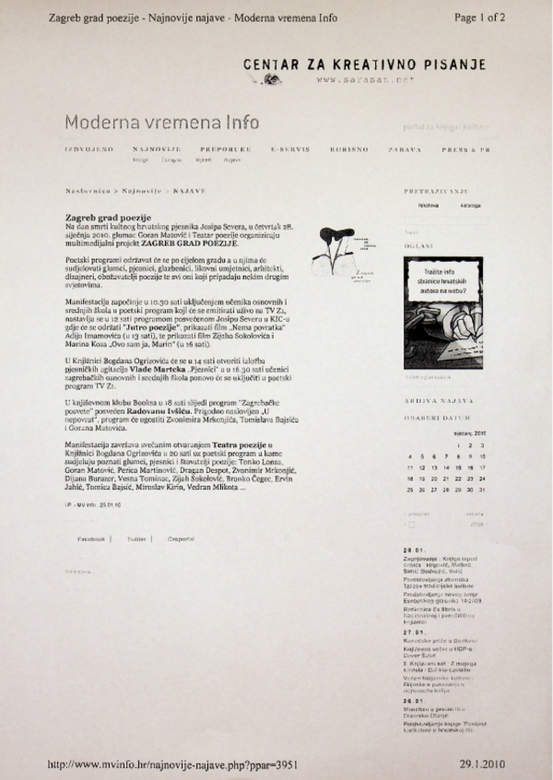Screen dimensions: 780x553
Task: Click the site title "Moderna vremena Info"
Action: coord(161,122)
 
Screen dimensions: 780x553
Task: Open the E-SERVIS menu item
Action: coord(289,148)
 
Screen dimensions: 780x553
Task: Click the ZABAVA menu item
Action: coord(405,148)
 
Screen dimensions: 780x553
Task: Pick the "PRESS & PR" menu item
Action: coord(466,148)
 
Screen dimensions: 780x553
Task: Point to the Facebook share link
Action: coord(91,538)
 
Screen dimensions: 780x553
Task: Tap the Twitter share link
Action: coord(137,538)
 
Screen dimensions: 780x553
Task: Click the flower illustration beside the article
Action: coord(337,254)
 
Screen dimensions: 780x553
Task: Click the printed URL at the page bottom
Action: coord(171,764)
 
